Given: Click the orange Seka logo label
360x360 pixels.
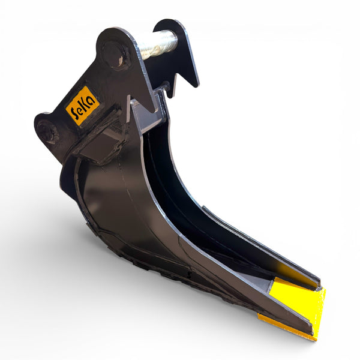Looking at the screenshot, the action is (83, 106).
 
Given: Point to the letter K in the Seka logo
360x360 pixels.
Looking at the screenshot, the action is (86, 104).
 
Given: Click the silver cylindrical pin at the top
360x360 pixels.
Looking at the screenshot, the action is (158, 44).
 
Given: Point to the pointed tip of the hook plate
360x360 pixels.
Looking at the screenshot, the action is (196, 86).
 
